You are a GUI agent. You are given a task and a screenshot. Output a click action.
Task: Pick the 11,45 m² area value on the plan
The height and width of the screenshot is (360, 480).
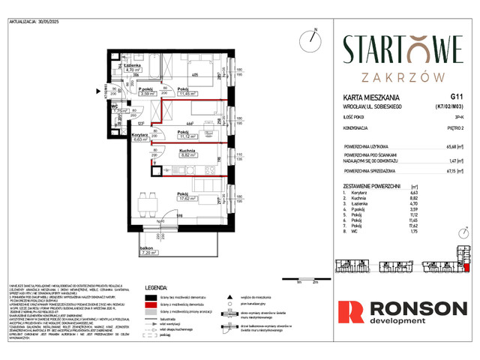187,94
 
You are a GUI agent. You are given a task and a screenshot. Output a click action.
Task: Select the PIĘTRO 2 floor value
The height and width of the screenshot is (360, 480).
454,124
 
